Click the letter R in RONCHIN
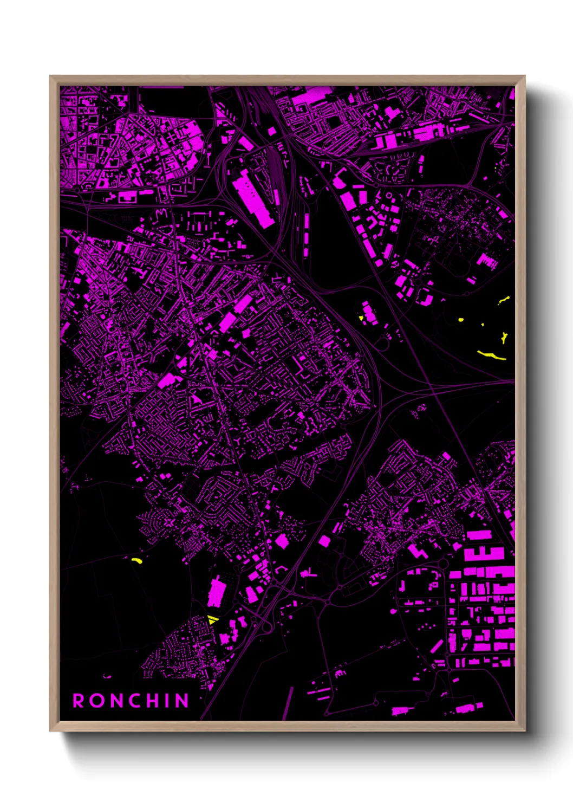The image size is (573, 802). [x=79, y=701]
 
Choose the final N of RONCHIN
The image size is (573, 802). [x=181, y=701]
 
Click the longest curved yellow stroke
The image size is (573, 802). [x=491, y=355]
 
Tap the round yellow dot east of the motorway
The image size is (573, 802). [x=461, y=320]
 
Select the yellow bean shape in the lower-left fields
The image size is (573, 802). [x=136, y=560]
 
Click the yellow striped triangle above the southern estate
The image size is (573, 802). [x=212, y=620]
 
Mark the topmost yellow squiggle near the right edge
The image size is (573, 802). [x=504, y=300]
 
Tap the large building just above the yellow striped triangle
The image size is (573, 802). [x=216, y=592]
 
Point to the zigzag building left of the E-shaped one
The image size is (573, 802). [x=418, y=552]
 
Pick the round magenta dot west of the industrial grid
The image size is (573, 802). [x=393, y=611]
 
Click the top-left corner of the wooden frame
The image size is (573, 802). [x=50, y=76]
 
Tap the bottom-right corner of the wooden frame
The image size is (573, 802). [x=524, y=730]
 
